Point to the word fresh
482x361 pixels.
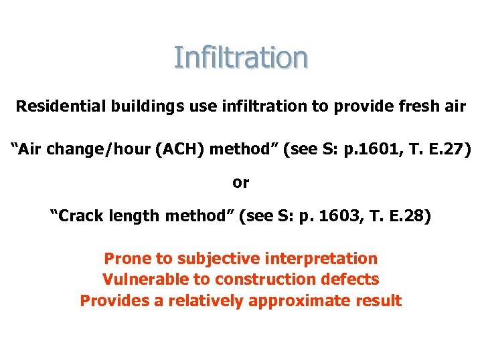406,106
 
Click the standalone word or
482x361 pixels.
240,182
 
